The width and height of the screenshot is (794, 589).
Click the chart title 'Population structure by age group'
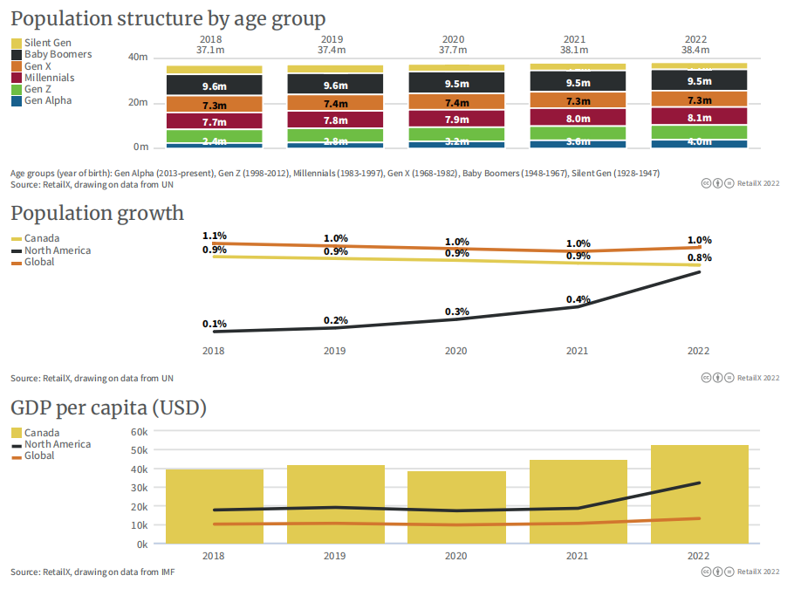pyautogui.click(x=168, y=18)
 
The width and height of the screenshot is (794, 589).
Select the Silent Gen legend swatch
pyautogui.click(x=17, y=43)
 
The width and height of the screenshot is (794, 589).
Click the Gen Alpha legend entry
pyautogui.click(x=48, y=100)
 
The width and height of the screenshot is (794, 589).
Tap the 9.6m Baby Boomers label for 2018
pyautogui.click(x=214, y=86)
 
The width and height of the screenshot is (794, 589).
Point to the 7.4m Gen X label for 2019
pyautogui.click(x=335, y=104)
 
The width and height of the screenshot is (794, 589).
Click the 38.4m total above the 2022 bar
pyautogui.click(x=696, y=51)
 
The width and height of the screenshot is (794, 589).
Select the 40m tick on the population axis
pyautogui.click(x=138, y=58)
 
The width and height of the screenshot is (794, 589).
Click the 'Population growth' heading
pyautogui.click(x=97, y=213)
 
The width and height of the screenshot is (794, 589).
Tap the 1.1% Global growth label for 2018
pyautogui.click(x=215, y=236)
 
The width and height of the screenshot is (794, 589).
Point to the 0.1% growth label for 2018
pyautogui.click(x=215, y=324)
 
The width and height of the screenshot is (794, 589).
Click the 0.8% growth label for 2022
pyautogui.click(x=699, y=257)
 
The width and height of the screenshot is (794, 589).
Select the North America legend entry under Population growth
pyautogui.click(x=57, y=250)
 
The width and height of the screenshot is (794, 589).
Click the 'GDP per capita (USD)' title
pyautogui.click(x=108, y=408)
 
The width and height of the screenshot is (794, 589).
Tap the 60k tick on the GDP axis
pyautogui.click(x=139, y=431)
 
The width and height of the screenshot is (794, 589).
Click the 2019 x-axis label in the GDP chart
pyautogui.click(x=335, y=555)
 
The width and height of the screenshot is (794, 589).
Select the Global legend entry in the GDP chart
pyautogui.click(x=39, y=455)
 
